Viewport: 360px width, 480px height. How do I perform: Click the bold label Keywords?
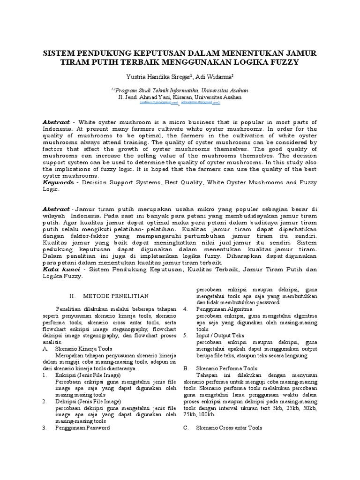click(x=58, y=182)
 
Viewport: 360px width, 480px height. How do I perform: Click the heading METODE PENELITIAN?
click(x=116, y=296)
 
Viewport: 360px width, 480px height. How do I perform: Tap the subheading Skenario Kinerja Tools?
click(x=84, y=349)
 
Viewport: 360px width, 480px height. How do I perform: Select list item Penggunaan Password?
click(x=82, y=428)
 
